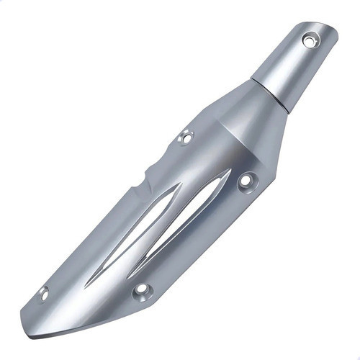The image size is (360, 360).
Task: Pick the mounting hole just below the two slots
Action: tap(142, 290)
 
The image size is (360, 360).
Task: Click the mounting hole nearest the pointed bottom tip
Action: tap(43, 293)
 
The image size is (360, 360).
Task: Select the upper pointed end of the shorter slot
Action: tap(229, 173)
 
